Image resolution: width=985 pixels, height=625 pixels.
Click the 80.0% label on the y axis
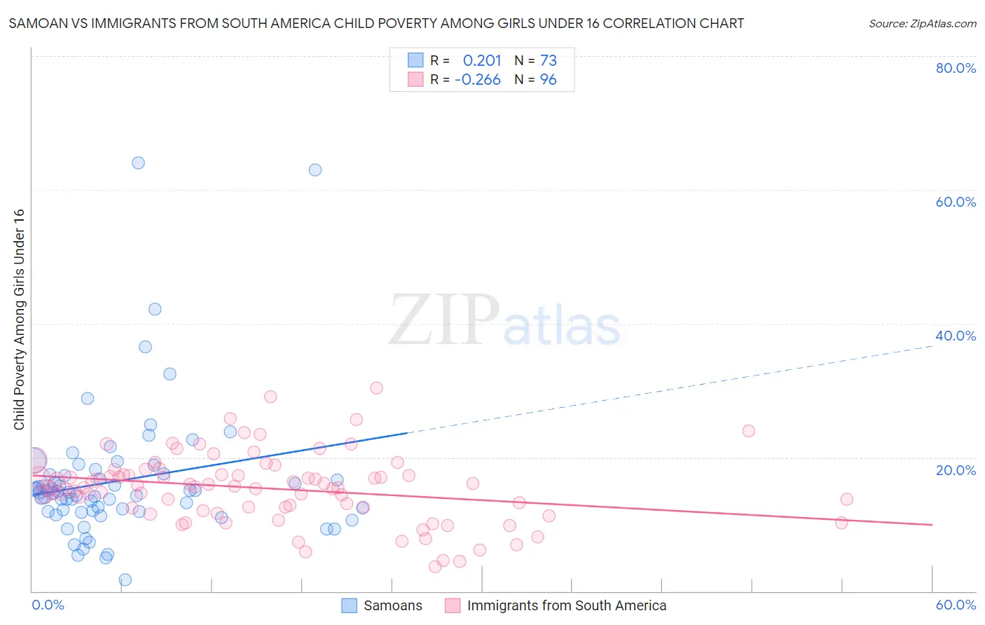[956, 68]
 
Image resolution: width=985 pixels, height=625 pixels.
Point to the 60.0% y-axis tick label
[956, 202]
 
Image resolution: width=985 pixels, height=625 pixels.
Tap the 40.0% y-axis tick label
[956, 336]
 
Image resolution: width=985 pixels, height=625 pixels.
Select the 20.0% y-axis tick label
[956, 469]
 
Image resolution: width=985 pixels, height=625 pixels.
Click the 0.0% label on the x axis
[48, 605]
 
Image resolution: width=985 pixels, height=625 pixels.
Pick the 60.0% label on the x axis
[956, 605]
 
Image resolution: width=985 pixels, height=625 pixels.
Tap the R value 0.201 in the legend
[482, 61]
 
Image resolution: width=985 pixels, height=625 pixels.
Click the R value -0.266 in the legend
[478, 80]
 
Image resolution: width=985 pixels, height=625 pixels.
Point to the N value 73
[548, 61]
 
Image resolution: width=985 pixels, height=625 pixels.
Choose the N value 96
[548, 80]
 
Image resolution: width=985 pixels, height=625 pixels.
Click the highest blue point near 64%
[138, 163]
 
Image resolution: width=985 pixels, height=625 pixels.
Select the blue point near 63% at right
[315, 170]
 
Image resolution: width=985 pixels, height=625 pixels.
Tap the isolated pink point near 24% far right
[748, 431]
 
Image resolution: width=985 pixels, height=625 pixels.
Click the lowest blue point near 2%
[125, 579]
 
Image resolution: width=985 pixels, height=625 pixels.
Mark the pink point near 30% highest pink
[376, 388]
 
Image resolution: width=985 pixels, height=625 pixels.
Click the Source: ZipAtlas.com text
[922, 24]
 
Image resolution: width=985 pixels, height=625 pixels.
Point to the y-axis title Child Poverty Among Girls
[19, 320]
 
